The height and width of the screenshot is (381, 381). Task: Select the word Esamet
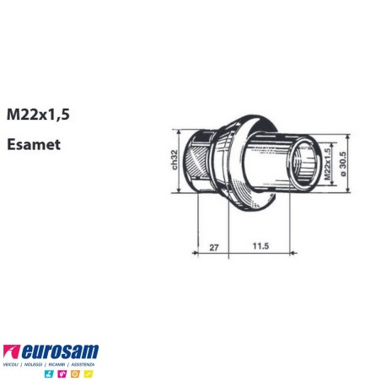tap(31, 144)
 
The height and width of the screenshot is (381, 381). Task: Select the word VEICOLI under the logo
tap(13, 363)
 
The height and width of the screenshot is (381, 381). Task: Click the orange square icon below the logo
tap(75, 373)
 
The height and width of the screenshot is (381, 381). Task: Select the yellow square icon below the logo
tap(87, 373)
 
